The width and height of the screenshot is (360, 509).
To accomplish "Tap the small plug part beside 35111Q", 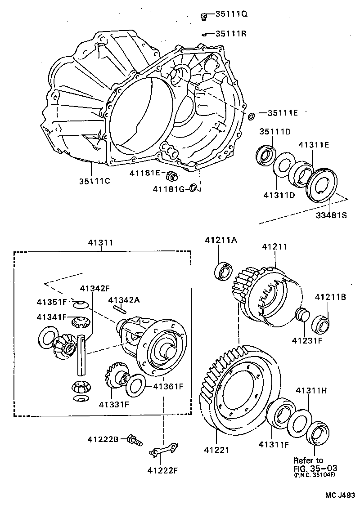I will tap(203, 17).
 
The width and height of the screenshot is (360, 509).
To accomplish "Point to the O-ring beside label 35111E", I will tap(252, 117).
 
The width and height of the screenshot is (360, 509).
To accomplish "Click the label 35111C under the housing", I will tap(94, 181).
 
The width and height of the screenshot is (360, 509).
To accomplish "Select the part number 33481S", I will tap(331, 215).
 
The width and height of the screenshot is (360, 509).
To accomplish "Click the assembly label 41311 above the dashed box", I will tap(101, 243).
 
